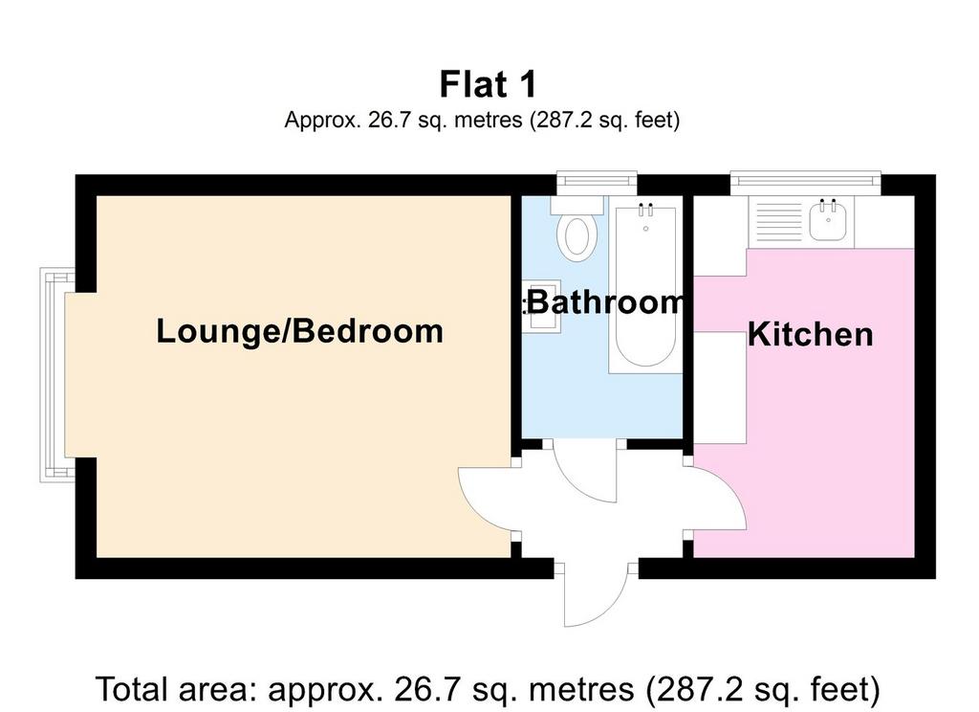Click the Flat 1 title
click(x=488, y=84)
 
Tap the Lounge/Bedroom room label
click(x=299, y=331)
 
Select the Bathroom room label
click(x=605, y=302)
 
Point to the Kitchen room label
click(x=811, y=334)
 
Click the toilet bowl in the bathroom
click(x=577, y=238)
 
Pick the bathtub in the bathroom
click(x=645, y=286)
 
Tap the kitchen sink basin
click(x=829, y=223)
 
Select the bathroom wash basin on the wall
click(x=541, y=306)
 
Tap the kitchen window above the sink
click(x=805, y=182)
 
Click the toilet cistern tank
click(x=577, y=205)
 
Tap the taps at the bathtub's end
click(x=645, y=209)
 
